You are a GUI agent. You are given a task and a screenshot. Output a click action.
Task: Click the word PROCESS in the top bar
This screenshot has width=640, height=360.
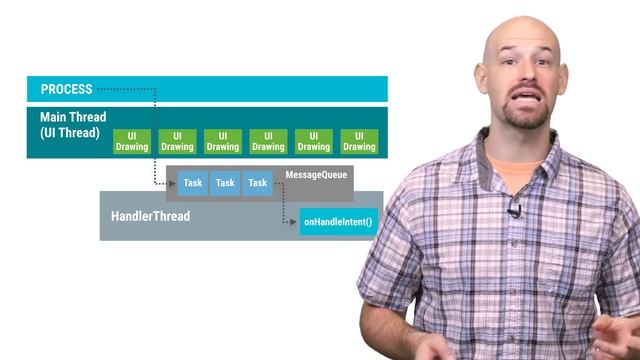point(66,90)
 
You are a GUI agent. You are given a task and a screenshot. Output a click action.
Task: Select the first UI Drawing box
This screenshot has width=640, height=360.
point(131,141)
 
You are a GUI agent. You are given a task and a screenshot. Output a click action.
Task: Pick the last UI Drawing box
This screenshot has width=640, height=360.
point(359,141)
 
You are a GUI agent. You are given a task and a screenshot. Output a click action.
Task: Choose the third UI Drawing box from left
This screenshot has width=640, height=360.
point(222,141)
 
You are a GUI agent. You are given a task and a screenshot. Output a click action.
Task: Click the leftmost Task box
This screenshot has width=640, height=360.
point(193,183)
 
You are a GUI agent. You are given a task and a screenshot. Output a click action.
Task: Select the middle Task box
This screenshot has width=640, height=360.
point(225,183)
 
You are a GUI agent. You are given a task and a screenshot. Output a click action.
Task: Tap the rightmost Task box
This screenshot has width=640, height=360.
point(257,183)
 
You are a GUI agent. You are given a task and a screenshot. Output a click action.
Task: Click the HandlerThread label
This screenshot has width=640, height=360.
point(149,216)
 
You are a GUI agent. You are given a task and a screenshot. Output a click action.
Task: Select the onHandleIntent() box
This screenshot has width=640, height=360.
point(338,222)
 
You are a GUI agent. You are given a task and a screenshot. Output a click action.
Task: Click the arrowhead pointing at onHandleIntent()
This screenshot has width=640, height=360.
point(296,222)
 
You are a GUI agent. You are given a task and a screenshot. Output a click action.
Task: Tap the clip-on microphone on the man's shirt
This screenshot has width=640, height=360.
point(513,211)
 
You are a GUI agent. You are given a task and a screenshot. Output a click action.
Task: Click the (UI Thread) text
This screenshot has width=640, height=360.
point(66,132)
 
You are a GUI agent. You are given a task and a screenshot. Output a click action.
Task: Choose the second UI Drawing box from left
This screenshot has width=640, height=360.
point(177,141)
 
